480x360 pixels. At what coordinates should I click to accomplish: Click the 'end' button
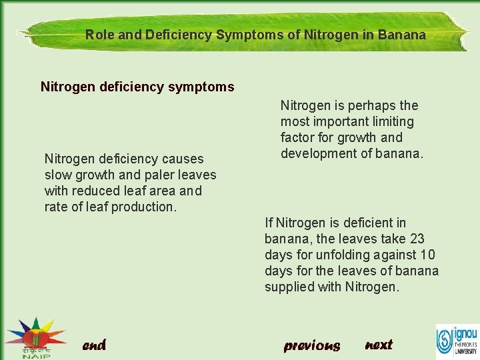click(94, 345)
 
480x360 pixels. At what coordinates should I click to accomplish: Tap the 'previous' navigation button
click(311, 345)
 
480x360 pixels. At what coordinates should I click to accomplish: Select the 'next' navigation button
click(379, 345)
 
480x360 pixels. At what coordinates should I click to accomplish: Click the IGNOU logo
click(457, 340)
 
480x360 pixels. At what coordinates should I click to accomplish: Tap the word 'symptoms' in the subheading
click(205, 87)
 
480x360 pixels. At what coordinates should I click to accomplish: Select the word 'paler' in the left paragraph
click(143, 175)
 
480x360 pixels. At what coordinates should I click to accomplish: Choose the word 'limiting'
click(393, 121)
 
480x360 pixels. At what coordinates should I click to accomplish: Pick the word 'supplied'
click(289, 287)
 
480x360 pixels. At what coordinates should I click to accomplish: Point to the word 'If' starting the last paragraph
click(269, 223)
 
